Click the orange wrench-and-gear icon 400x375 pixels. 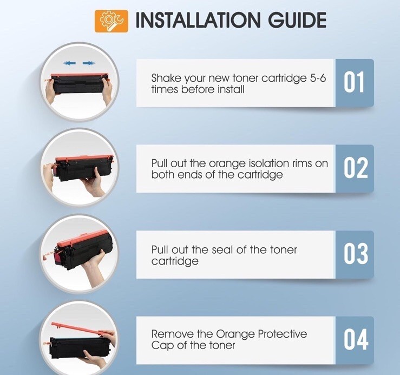[112, 21]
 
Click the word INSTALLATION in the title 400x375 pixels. [198, 20]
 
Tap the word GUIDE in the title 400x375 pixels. [297, 20]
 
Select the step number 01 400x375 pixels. [354, 82]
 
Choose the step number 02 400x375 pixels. [356, 168]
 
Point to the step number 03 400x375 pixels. [356, 254]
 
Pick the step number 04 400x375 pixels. [356, 339]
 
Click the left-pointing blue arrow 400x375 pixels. [69, 63]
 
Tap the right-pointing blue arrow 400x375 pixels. [89, 63]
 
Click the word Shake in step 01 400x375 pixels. [166, 78]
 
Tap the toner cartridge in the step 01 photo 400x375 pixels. [80, 83]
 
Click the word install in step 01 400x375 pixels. [231, 89]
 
